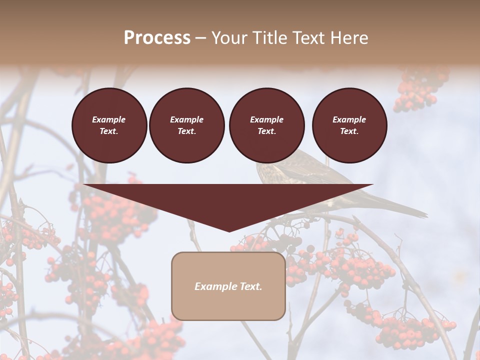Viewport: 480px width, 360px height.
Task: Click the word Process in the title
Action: point(157,38)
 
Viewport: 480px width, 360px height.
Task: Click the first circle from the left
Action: point(109,125)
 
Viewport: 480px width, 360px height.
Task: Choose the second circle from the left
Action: point(186,125)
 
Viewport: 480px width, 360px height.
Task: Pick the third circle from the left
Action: point(266,125)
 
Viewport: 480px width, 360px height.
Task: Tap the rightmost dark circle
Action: point(349,125)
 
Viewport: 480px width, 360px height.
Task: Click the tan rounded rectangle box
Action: point(228,286)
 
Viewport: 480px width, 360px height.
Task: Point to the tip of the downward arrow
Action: point(229,230)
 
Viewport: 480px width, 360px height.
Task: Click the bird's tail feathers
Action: point(405,208)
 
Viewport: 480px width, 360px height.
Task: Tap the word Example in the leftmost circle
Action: point(109,119)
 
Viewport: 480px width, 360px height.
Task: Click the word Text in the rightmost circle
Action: point(349,131)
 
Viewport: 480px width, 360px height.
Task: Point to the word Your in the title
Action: point(229,38)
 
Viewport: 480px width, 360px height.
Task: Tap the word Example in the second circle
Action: point(186,119)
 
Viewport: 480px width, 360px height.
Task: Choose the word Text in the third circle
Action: point(266,131)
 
